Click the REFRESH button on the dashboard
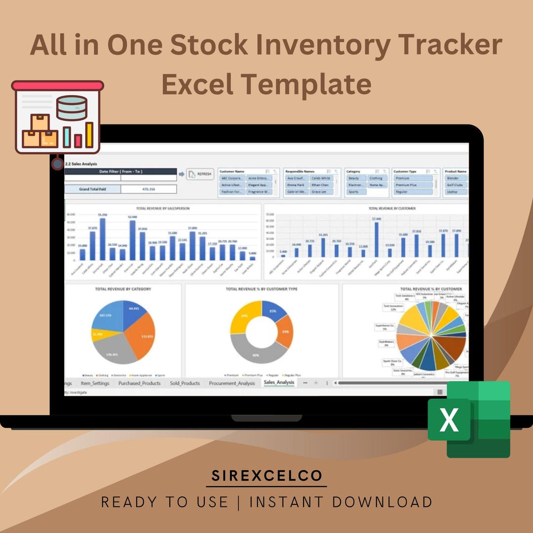tap(200, 174)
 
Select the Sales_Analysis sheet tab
tap(279, 382)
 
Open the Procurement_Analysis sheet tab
tap(231, 383)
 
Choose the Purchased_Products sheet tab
tap(139, 383)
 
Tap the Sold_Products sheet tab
tap(185, 383)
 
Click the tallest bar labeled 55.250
tap(103, 239)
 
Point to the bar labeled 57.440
tap(377, 240)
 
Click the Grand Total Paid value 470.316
tap(148, 189)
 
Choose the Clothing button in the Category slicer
tap(376, 178)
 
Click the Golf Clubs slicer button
tap(455, 185)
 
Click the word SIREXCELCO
tap(266, 476)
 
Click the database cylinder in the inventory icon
tap(72, 108)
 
